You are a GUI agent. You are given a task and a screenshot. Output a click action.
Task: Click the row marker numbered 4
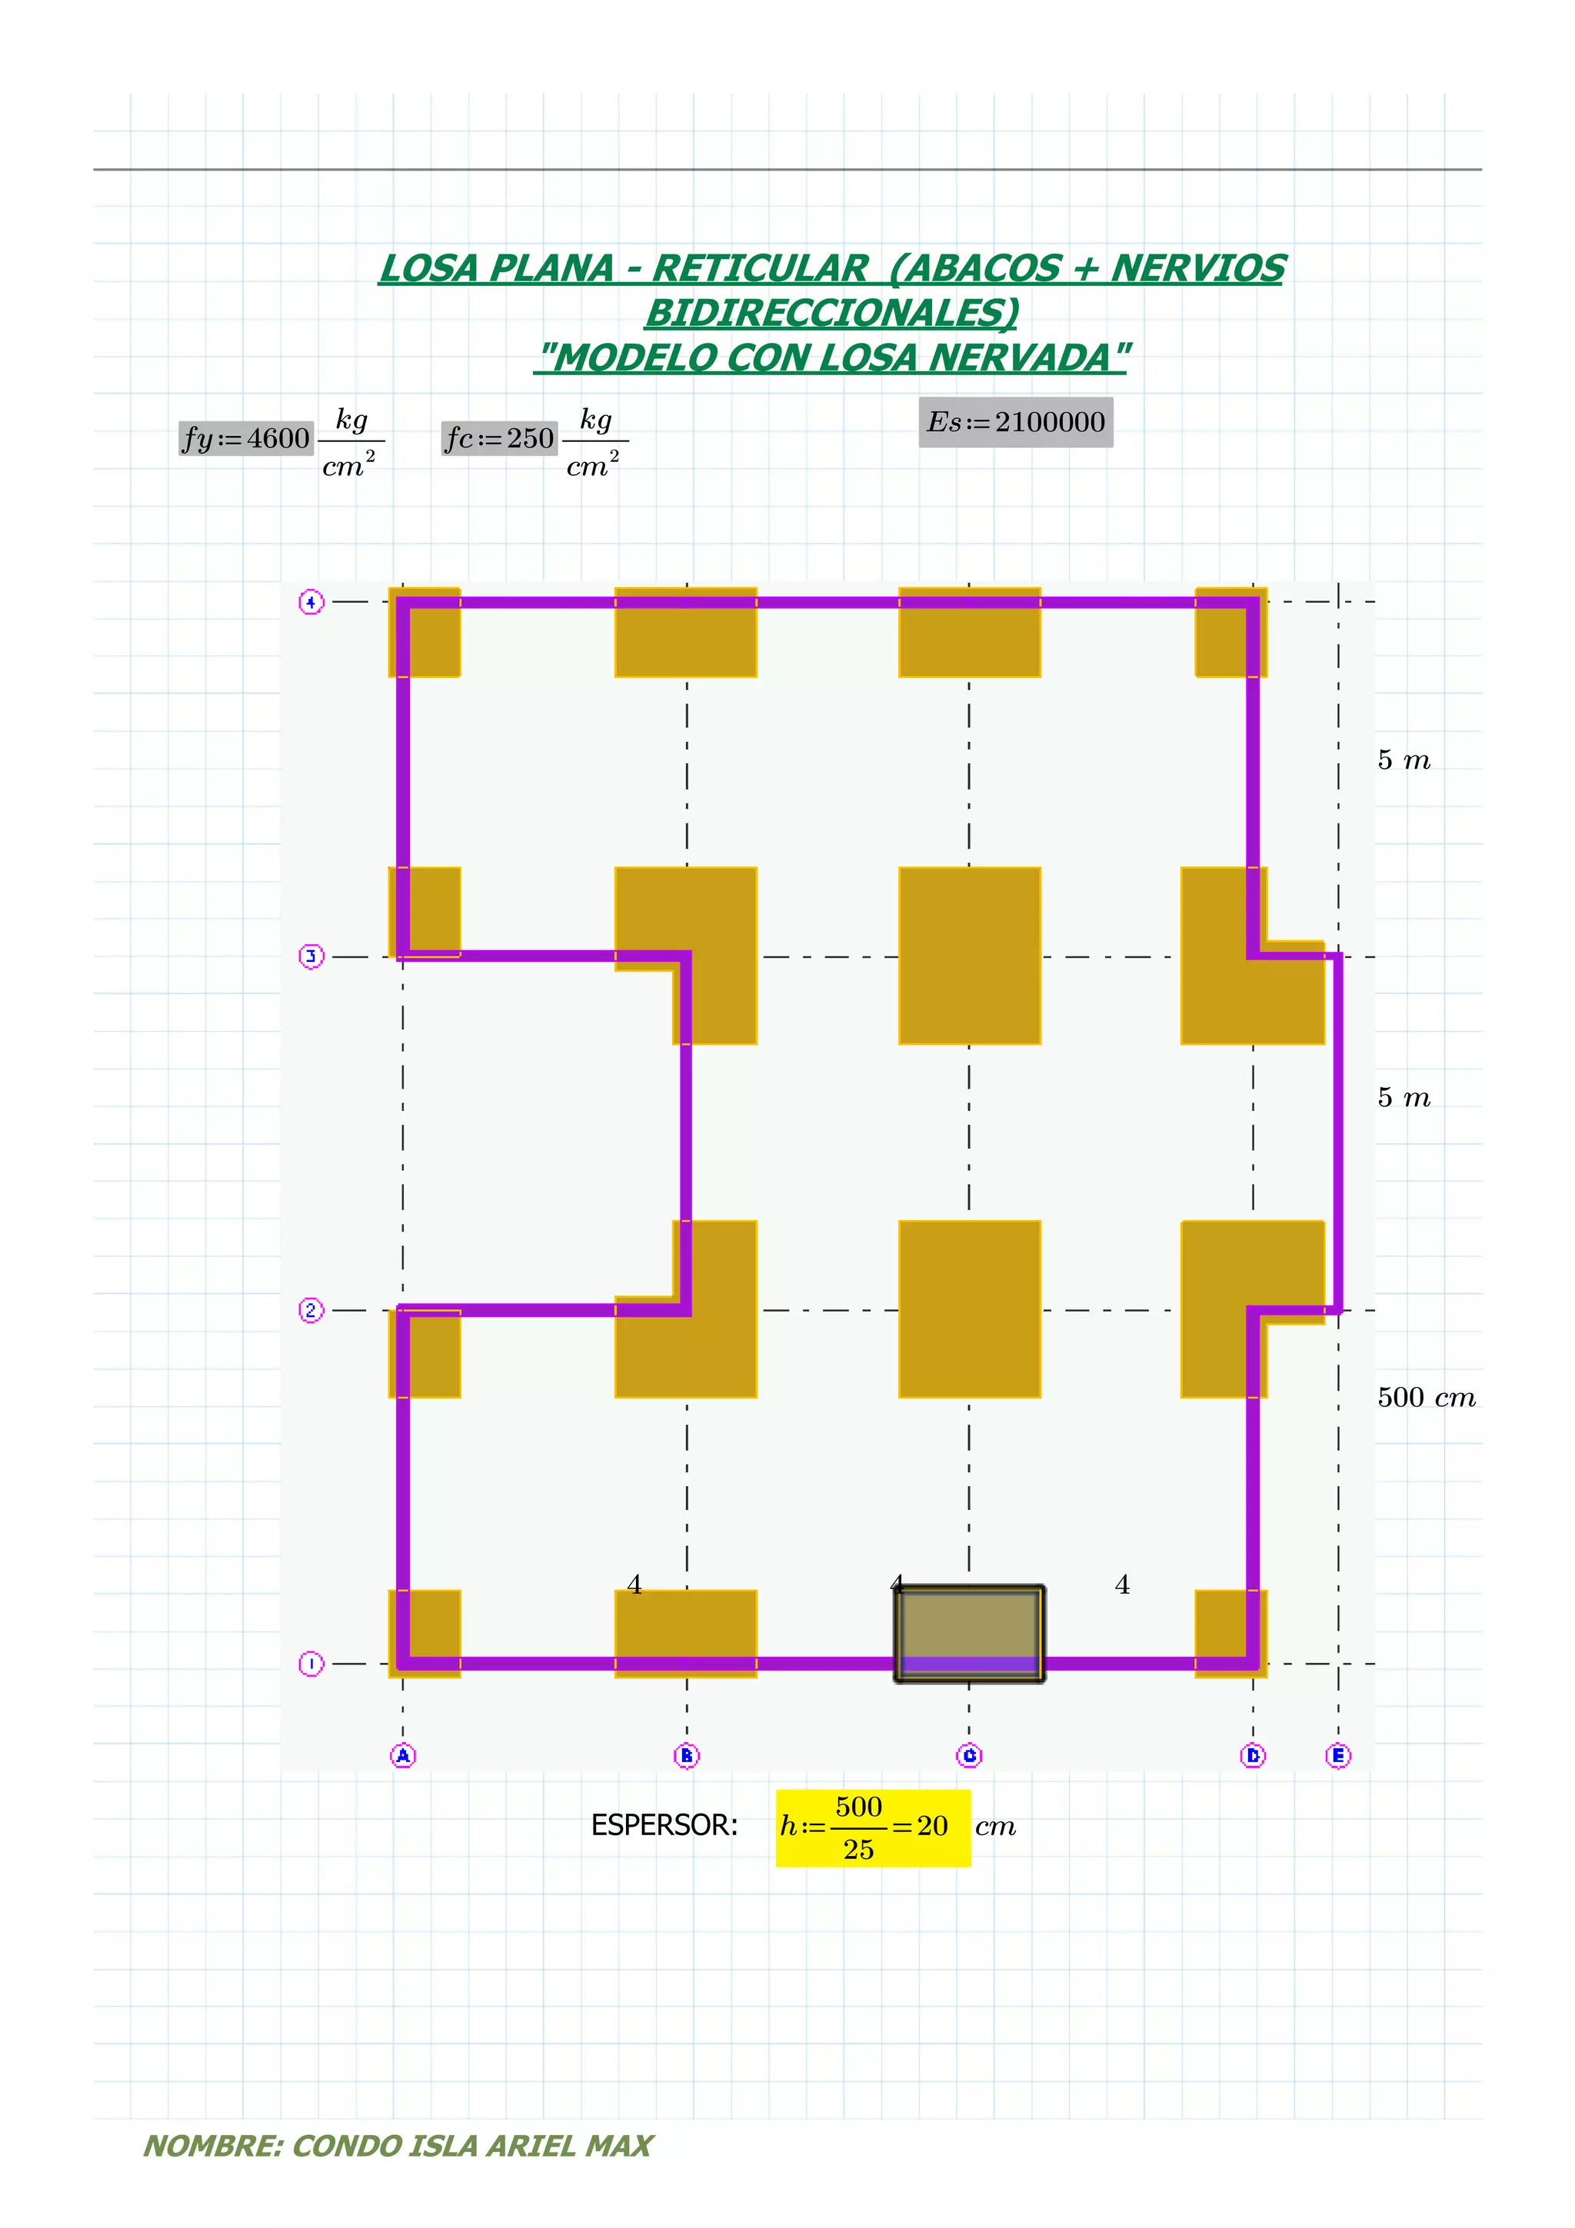pyautogui.click(x=311, y=603)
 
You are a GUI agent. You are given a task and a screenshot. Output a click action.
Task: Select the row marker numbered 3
pyautogui.click(x=311, y=957)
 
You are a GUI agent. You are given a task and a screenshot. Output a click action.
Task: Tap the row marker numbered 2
pyautogui.click(x=311, y=1310)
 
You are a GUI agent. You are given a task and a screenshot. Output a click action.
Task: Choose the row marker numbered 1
pyautogui.click(x=311, y=1664)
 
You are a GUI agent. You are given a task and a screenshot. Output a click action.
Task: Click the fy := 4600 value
pyautogui.click(x=245, y=439)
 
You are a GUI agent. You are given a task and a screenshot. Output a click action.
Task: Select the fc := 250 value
pyautogui.click(x=500, y=439)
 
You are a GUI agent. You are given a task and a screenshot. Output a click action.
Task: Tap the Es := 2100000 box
pyautogui.click(x=1016, y=422)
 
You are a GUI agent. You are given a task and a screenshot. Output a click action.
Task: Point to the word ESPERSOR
pyautogui.click(x=664, y=1825)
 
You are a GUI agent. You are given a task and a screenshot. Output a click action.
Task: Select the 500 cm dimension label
pyautogui.click(x=1426, y=1398)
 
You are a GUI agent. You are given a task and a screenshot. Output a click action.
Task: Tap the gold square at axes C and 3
pyautogui.click(x=970, y=956)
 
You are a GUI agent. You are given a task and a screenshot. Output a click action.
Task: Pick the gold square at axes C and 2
pyautogui.click(x=970, y=1309)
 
